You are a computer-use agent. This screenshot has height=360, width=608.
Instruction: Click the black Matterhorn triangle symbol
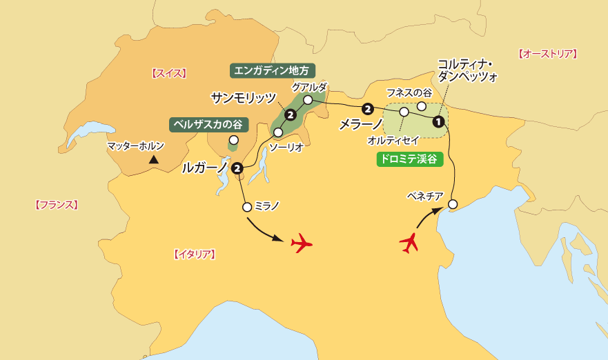pyautogui.click(x=154, y=160)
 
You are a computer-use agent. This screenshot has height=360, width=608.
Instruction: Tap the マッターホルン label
pyautogui.click(x=136, y=146)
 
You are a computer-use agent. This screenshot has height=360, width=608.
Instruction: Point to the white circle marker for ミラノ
pyautogui.click(x=247, y=206)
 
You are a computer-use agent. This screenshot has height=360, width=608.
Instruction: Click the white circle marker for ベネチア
pyautogui.click(x=453, y=204)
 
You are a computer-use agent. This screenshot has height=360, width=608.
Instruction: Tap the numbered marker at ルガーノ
pyautogui.click(x=237, y=168)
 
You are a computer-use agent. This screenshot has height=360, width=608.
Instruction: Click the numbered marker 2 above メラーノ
pyautogui.click(x=367, y=108)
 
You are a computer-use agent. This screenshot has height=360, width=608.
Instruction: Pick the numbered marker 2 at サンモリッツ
pyautogui.click(x=291, y=114)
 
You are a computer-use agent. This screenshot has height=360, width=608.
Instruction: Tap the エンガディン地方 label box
pyautogui.click(x=272, y=70)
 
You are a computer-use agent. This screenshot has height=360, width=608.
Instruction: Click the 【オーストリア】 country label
pyautogui.click(x=547, y=53)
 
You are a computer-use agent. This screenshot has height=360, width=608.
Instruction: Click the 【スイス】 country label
pyautogui.click(x=168, y=72)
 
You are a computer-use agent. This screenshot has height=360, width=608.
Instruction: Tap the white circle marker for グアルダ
pyautogui.click(x=308, y=100)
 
